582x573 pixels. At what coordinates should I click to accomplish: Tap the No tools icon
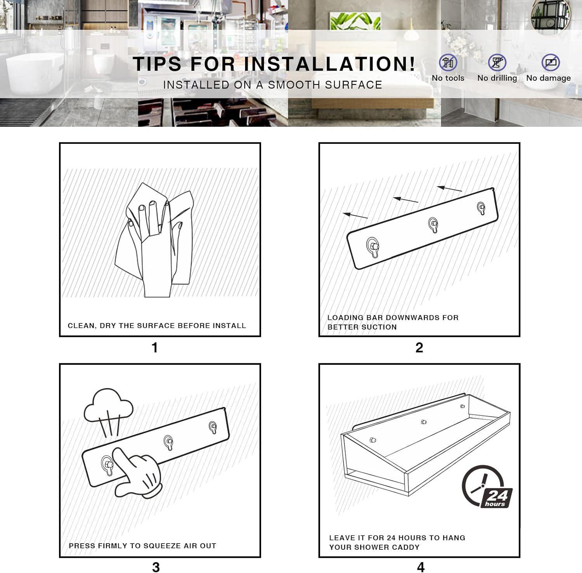[448, 62]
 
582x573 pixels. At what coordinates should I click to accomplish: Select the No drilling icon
[497, 62]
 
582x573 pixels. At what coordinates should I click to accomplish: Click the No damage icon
[551, 62]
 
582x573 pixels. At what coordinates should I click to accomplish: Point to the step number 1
[155, 348]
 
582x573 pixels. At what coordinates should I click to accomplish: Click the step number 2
[419, 348]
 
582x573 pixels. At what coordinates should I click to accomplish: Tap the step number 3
[156, 567]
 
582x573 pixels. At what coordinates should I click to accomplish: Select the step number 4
[421, 567]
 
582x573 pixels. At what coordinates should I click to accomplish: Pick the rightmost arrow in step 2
[449, 189]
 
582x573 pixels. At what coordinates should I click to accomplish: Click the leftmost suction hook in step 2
[373, 247]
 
